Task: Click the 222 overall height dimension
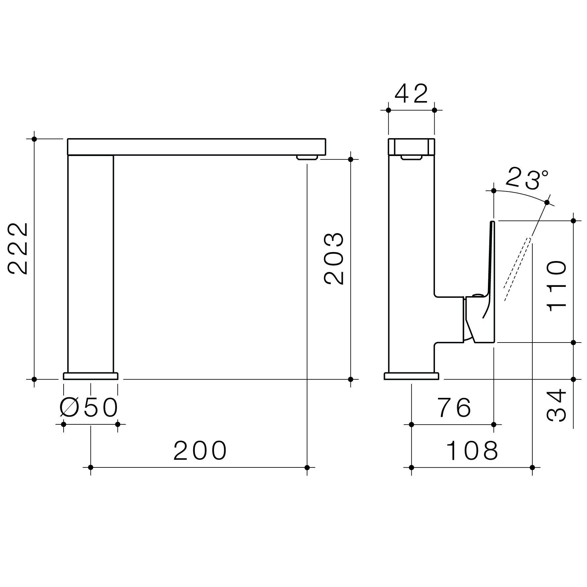pyautogui.click(x=18, y=248)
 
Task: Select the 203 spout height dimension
pyautogui.click(x=334, y=259)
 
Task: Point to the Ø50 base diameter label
pyautogui.click(x=89, y=407)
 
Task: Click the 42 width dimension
pyautogui.click(x=411, y=94)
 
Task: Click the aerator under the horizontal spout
pyautogui.click(x=307, y=158)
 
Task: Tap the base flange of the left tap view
pyautogui.click(x=90, y=376)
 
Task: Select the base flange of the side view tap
pyautogui.click(x=411, y=376)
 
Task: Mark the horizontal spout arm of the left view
pyautogui.click(x=196, y=147)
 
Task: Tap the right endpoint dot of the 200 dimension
pyautogui.click(x=307, y=467)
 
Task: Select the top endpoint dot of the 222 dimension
pyautogui.click(x=34, y=139)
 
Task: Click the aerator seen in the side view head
pyautogui.click(x=411, y=157)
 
